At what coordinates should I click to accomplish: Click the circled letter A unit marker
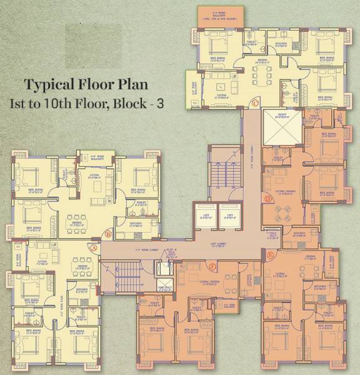pyautogui.click(x=94, y=248)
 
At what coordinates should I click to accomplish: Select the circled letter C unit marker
pyautogui.click(x=255, y=102)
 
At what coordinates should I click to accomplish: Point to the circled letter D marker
pyautogui.click(x=267, y=199)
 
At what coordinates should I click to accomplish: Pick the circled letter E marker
pyautogui.click(x=270, y=256)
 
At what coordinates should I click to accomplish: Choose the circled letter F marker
pyautogui.click(x=213, y=267)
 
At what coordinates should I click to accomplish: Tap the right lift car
pyautogui.click(x=229, y=215)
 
